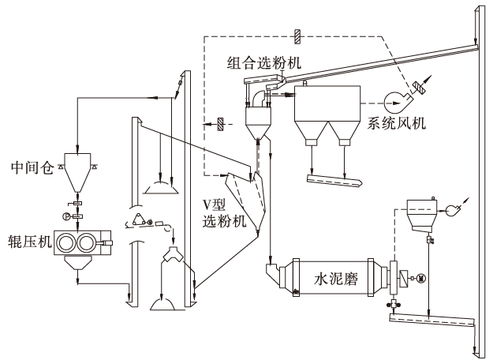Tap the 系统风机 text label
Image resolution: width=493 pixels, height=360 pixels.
tap(398, 123)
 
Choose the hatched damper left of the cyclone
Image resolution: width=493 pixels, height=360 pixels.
tap(221, 124)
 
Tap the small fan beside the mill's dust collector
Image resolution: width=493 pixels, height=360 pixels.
tap(450, 211)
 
